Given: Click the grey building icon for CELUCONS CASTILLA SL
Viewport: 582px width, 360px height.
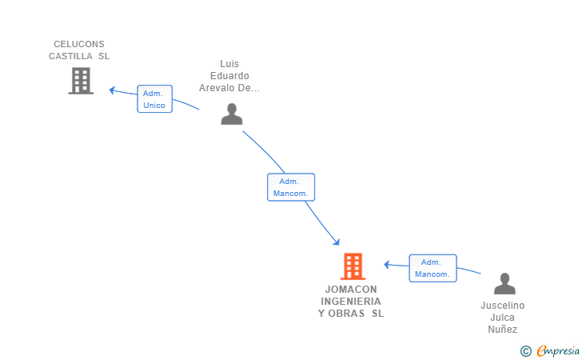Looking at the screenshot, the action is tap(81, 81).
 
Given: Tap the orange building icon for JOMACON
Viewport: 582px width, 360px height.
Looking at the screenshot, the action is tap(353, 266).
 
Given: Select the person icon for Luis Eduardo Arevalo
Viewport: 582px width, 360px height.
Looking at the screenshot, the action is tap(232, 114).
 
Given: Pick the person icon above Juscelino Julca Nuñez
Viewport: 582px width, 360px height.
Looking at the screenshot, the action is tap(504, 283).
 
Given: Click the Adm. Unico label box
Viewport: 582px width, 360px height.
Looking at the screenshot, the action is tap(154, 99).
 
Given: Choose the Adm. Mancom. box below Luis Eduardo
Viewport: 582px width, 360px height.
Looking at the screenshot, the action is tap(291, 187).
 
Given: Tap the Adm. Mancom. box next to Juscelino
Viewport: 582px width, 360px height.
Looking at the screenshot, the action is tap(433, 268).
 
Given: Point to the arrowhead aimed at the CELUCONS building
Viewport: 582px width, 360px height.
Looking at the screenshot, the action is tap(112, 90).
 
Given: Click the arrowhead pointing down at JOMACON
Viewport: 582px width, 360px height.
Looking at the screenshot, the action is tap(337, 242).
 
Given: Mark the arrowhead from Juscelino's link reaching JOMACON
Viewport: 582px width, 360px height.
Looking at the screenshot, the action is tap(387, 265).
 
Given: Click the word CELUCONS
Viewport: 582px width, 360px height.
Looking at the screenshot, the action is tap(79, 44).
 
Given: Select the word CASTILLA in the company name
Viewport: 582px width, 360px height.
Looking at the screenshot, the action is tap(70, 56).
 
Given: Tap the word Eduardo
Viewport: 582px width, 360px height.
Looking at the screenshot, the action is tap(229, 76).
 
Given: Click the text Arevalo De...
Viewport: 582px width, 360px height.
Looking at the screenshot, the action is tap(229, 88).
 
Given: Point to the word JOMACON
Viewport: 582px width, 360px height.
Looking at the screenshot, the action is tap(351, 290).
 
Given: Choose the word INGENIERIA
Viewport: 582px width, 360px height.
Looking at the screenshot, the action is tap(351, 302).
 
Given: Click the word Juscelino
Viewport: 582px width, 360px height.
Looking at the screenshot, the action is tap(503, 306).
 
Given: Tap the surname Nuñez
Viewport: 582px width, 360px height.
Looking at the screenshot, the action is tap(503, 330).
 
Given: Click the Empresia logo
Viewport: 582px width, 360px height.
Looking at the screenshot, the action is tap(558, 350).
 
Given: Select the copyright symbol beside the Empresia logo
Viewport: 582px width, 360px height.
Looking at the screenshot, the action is tap(526, 351).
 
